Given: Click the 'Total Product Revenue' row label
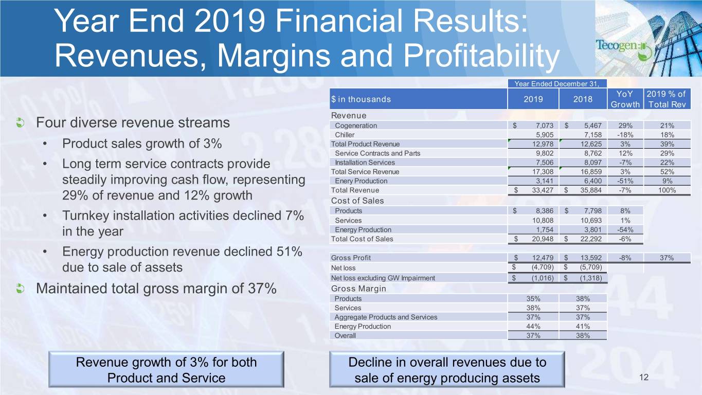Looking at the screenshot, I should tap(365, 144).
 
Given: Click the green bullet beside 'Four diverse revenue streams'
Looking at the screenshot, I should tap(21, 123).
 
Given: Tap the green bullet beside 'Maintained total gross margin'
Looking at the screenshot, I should tap(21, 289).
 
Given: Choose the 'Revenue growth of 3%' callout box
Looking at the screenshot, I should tap(166, 370).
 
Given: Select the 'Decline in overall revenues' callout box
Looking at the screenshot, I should tap(447, 370).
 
